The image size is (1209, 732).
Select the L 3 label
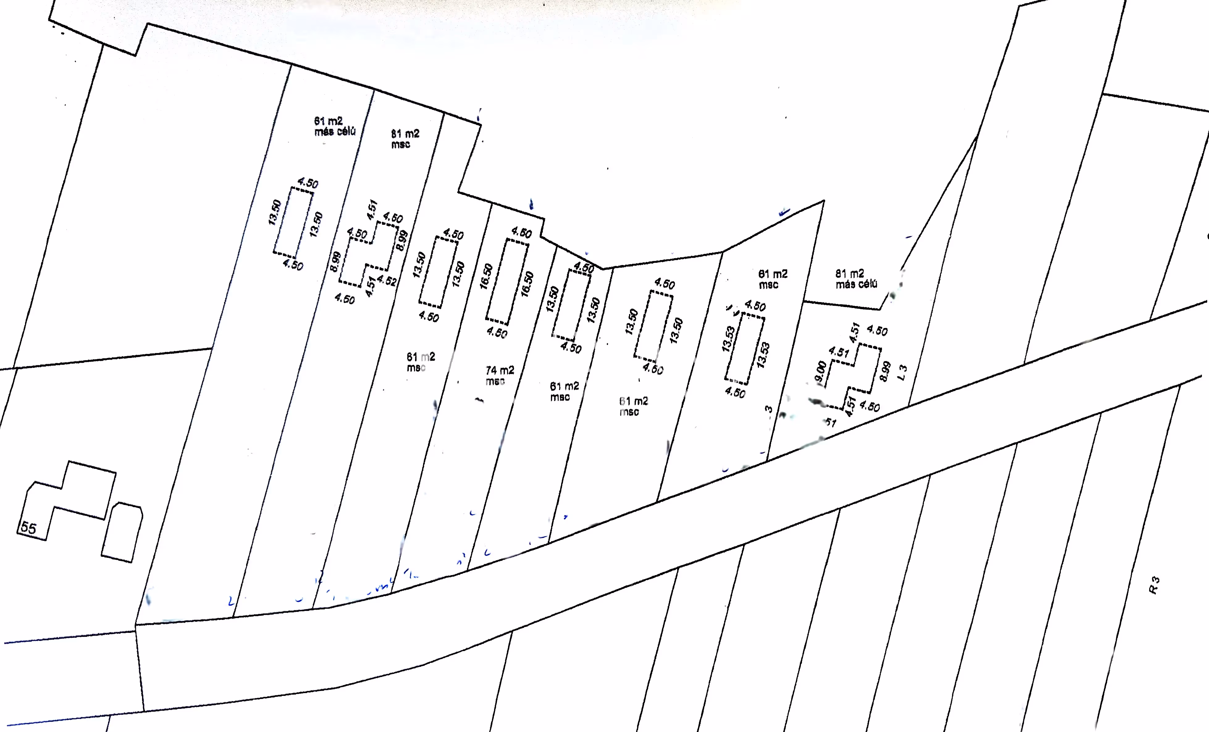[x=902, y=372]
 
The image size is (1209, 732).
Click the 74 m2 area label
[x=499, y=370]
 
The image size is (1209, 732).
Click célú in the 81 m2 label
[x=866, y=284]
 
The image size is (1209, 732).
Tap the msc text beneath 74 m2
[x=495, y=382]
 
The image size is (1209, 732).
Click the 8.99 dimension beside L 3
[x=885, y=371]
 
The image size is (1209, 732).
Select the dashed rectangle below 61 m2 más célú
[x=293, y=223]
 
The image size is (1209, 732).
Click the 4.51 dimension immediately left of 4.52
[x=371, y=286]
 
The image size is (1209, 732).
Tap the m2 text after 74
[x=507, y=370]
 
